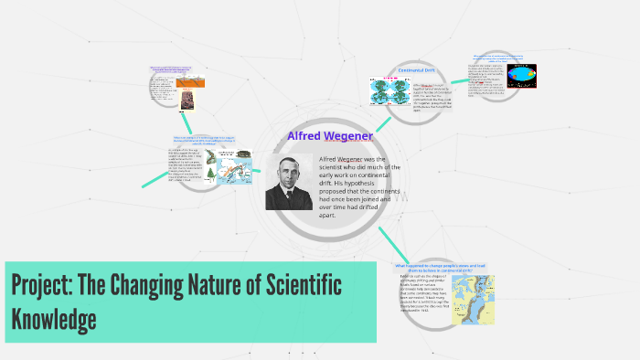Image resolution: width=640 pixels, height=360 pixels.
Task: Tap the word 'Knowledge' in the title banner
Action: point(54,319)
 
